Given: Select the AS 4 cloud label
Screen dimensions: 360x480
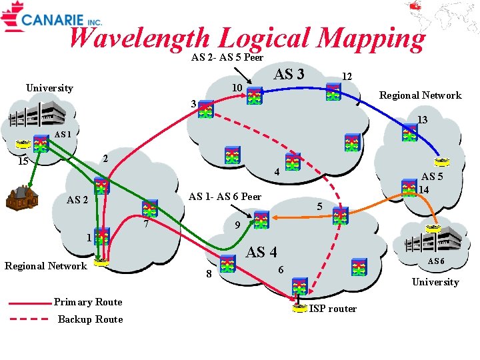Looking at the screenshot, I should click(261, 252).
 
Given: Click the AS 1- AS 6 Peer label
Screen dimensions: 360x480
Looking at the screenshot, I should click(225, 197).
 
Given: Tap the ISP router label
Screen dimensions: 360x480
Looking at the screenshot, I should click(333, 309).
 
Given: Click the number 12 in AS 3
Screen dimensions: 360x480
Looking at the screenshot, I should click(347, 77).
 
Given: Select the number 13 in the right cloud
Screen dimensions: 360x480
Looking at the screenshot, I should click(422, 120).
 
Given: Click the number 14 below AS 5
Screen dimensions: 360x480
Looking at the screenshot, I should click(423, 189).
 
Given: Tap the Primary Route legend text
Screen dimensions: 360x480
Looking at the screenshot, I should click(89, 302).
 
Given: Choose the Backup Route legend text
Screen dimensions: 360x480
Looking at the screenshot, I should click(90, 319).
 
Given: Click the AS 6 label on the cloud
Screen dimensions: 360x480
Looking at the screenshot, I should click(435, 261).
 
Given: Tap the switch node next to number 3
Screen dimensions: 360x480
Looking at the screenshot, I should click(205, 110).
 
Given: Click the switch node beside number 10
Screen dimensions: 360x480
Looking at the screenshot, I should click(254, 97).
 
